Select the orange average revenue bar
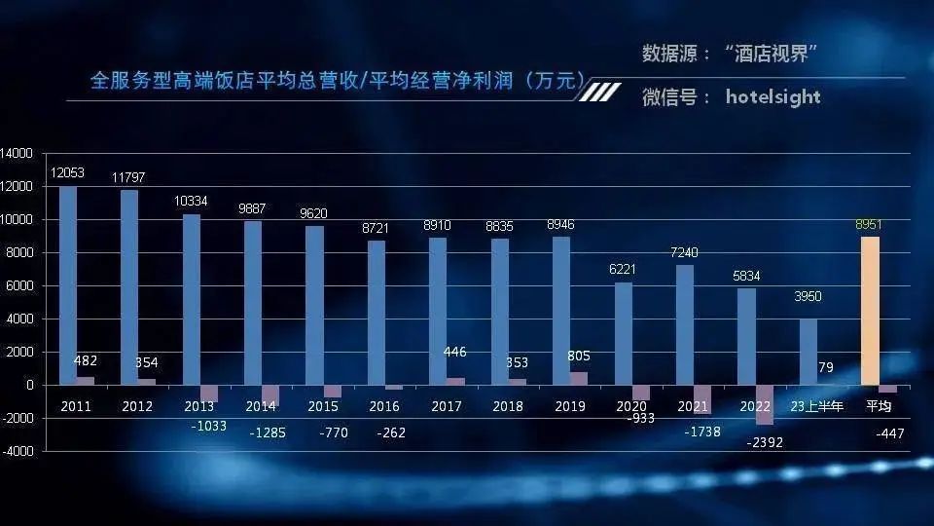870,311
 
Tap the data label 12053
68,172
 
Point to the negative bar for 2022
765,404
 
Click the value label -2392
764,442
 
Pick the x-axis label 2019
569,406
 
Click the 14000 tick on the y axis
17,154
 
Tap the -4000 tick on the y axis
17,452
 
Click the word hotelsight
772,96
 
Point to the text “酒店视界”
769,54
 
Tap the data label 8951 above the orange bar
869,224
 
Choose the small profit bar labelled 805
578,378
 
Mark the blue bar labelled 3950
808,352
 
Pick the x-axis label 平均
880,406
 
